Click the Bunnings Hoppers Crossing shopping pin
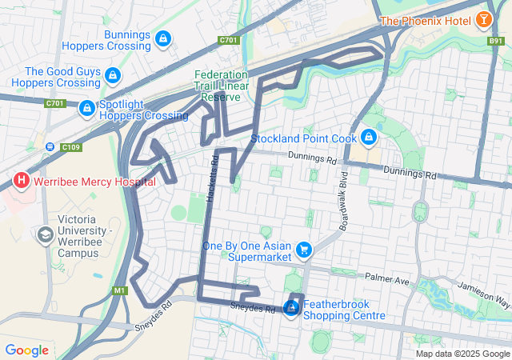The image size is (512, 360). tap(162, 38)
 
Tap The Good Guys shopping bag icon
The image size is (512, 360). tap(113, 76)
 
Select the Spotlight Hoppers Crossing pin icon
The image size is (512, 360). tap(86, 108)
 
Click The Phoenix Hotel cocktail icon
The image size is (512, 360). tap(484, 19)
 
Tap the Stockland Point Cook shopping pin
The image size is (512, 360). tap(368, 138)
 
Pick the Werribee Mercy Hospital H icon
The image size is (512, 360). tap(22, 181)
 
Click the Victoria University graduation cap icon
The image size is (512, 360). tap(45, 234)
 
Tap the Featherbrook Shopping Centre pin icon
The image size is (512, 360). tap(294, 308)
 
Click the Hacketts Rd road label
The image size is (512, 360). tap(213, 179)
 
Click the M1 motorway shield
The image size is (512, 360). tap(121, 290)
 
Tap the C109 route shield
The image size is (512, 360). tap(70, 146)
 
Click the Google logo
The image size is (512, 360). tap(26, 350)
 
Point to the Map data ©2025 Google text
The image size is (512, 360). tap(462, 354)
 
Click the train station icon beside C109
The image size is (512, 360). tap(50, 146)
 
